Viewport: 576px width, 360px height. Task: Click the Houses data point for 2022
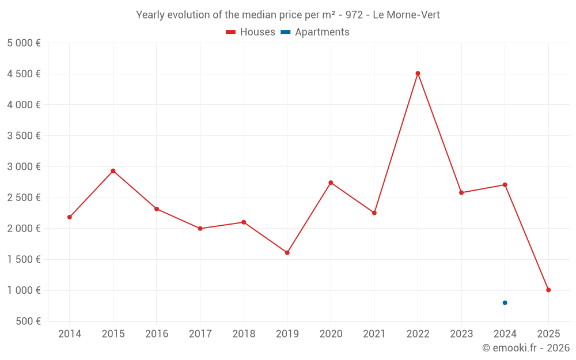[x=418, y=73]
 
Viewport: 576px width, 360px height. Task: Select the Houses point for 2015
[x=113, y=170]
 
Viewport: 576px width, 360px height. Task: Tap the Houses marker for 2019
[x=287, y=252]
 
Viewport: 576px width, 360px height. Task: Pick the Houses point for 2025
[x=548, y=290]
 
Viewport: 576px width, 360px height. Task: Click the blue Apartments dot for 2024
[x=505, y=302]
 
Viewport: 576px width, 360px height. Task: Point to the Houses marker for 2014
[x=70, y=217]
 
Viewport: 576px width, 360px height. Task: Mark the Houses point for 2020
[x=331, y=183]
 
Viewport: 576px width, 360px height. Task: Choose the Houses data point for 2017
[x=200, y=229]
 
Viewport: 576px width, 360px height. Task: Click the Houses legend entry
[x=251, y=32]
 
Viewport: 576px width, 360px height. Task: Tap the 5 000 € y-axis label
[x=24, y=43]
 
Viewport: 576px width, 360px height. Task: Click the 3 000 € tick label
[x=24, y=167]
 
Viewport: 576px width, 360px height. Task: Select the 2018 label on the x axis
[x=244, y=334]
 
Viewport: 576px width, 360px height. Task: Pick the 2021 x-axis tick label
[x=374, y=334]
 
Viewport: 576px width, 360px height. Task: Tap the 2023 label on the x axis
[x=461, y=334]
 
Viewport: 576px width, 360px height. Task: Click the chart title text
[x=288, y=15]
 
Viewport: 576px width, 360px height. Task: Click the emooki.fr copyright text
[x=525, y=348]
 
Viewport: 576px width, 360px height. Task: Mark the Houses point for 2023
[x=461, y=192]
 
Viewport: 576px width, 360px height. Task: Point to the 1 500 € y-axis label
[x=24, y=260]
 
